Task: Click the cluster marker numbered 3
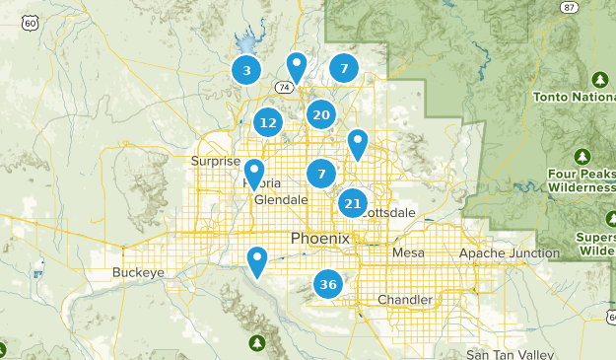[246, 70]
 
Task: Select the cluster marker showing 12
[267, 123]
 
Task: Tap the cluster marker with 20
[320, 114]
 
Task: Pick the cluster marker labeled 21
[352, 204]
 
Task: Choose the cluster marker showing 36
[328, 285]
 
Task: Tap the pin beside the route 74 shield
[296, 67]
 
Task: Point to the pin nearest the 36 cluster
[257, 261]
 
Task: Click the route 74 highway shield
[284, 88]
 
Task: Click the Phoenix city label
[320, 239]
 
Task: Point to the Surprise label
[216, 161]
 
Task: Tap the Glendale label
[281, 199]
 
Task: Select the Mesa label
[408, 253]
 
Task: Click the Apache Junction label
[509, 253]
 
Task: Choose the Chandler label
[404, 300]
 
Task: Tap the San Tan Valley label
[504, 354]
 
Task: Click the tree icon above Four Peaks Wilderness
[582, 157]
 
